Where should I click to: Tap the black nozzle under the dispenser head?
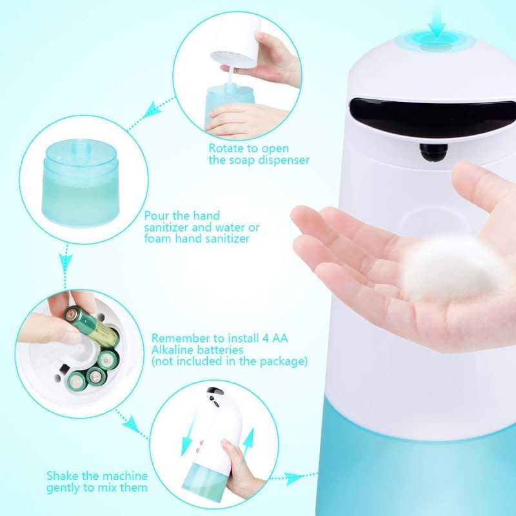[433, 153]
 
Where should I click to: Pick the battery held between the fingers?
[92, 326]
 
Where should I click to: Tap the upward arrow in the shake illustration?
[247, 448]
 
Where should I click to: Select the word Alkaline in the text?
[172, 350]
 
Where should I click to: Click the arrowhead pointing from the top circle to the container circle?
[152, 110]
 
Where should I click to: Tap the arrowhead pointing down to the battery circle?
[66, 263]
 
